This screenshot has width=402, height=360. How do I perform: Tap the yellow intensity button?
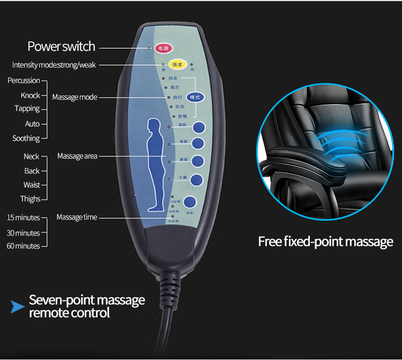pos(177,65)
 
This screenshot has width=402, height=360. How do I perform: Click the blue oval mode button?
pos(195,97)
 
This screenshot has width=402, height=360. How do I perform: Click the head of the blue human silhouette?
pos(154,127)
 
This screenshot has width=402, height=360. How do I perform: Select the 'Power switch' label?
pos(61,47)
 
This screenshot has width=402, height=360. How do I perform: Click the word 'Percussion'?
pos(24,80)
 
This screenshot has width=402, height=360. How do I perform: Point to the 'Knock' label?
pos(30,95)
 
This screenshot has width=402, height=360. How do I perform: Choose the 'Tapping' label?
pos(27,109)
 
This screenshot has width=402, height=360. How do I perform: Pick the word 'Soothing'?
pos(26,138)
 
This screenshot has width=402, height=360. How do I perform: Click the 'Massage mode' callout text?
pos(75,97)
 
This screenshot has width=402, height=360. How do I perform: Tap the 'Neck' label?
pos(31,156)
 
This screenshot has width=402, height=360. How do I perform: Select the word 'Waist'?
pos(32,185)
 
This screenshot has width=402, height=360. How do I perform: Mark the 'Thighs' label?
pos(30,199)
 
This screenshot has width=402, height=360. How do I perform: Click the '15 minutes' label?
pos(23,217)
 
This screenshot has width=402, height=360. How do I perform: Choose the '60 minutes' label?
pos(23,246)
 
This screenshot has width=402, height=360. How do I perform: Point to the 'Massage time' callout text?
pos(77,217)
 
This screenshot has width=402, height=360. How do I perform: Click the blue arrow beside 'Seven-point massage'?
pos(18,307)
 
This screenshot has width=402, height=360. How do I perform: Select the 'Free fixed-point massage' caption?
pos(325,242)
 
